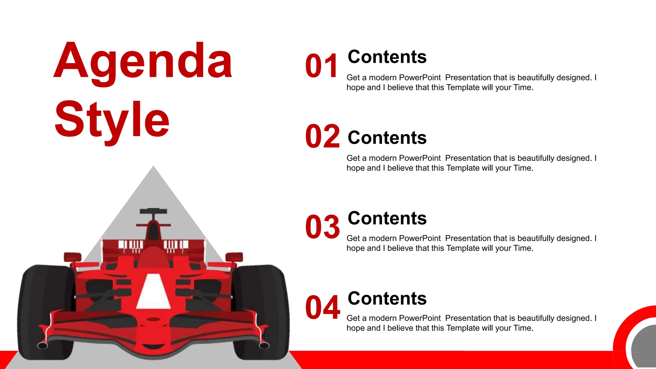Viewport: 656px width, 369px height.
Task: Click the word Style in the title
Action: pos(112,119)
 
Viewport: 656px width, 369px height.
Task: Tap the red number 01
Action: pos(322,66)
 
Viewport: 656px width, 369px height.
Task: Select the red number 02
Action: pos(322,136)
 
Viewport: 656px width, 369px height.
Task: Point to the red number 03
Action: pos(322,227)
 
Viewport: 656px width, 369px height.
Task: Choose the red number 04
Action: pos(322,307)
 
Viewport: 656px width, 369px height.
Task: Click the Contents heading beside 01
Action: pos(387,57)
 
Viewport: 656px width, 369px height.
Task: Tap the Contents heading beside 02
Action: pos(387,138)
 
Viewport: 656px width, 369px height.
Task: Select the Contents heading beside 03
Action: pos(387,218)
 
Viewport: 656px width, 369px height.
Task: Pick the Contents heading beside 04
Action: pos(387,299)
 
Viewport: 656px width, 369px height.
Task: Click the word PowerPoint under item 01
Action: pos(420,78)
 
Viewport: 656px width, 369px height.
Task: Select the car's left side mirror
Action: pos(72,257)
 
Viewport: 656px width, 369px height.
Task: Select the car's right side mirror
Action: pos(234,257)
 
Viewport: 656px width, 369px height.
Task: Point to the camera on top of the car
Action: pos(153,211)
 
